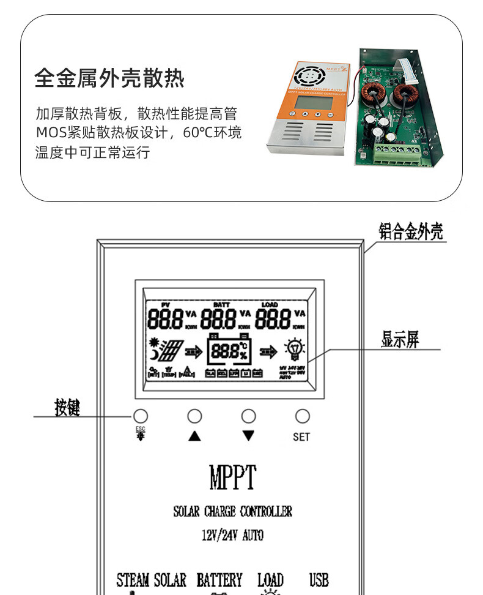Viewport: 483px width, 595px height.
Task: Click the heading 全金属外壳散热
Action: click(109, 78)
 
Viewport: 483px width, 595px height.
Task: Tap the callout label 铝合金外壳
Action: click(410, 232)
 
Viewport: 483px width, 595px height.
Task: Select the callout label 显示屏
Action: click(400, 340)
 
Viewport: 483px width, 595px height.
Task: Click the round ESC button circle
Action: click(141, 416)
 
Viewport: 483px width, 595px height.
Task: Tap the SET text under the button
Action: click(301, 437)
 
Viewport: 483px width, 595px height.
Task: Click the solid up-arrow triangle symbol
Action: click(194, 436)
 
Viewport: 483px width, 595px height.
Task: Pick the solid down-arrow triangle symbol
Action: click(248, 436)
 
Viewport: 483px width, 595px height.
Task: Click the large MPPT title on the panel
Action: click(232, 477)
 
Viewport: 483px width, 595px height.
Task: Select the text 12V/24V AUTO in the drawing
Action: click(232, 536)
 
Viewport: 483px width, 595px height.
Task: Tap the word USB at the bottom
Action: click(319, 580)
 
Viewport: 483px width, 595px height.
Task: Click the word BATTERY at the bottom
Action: click(219, 580)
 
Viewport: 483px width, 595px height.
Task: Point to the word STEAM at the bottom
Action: click(133, 580)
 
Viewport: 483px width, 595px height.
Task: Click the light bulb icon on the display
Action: click(295, 351)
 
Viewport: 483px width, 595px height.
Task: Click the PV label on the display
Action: click(164, 304)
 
